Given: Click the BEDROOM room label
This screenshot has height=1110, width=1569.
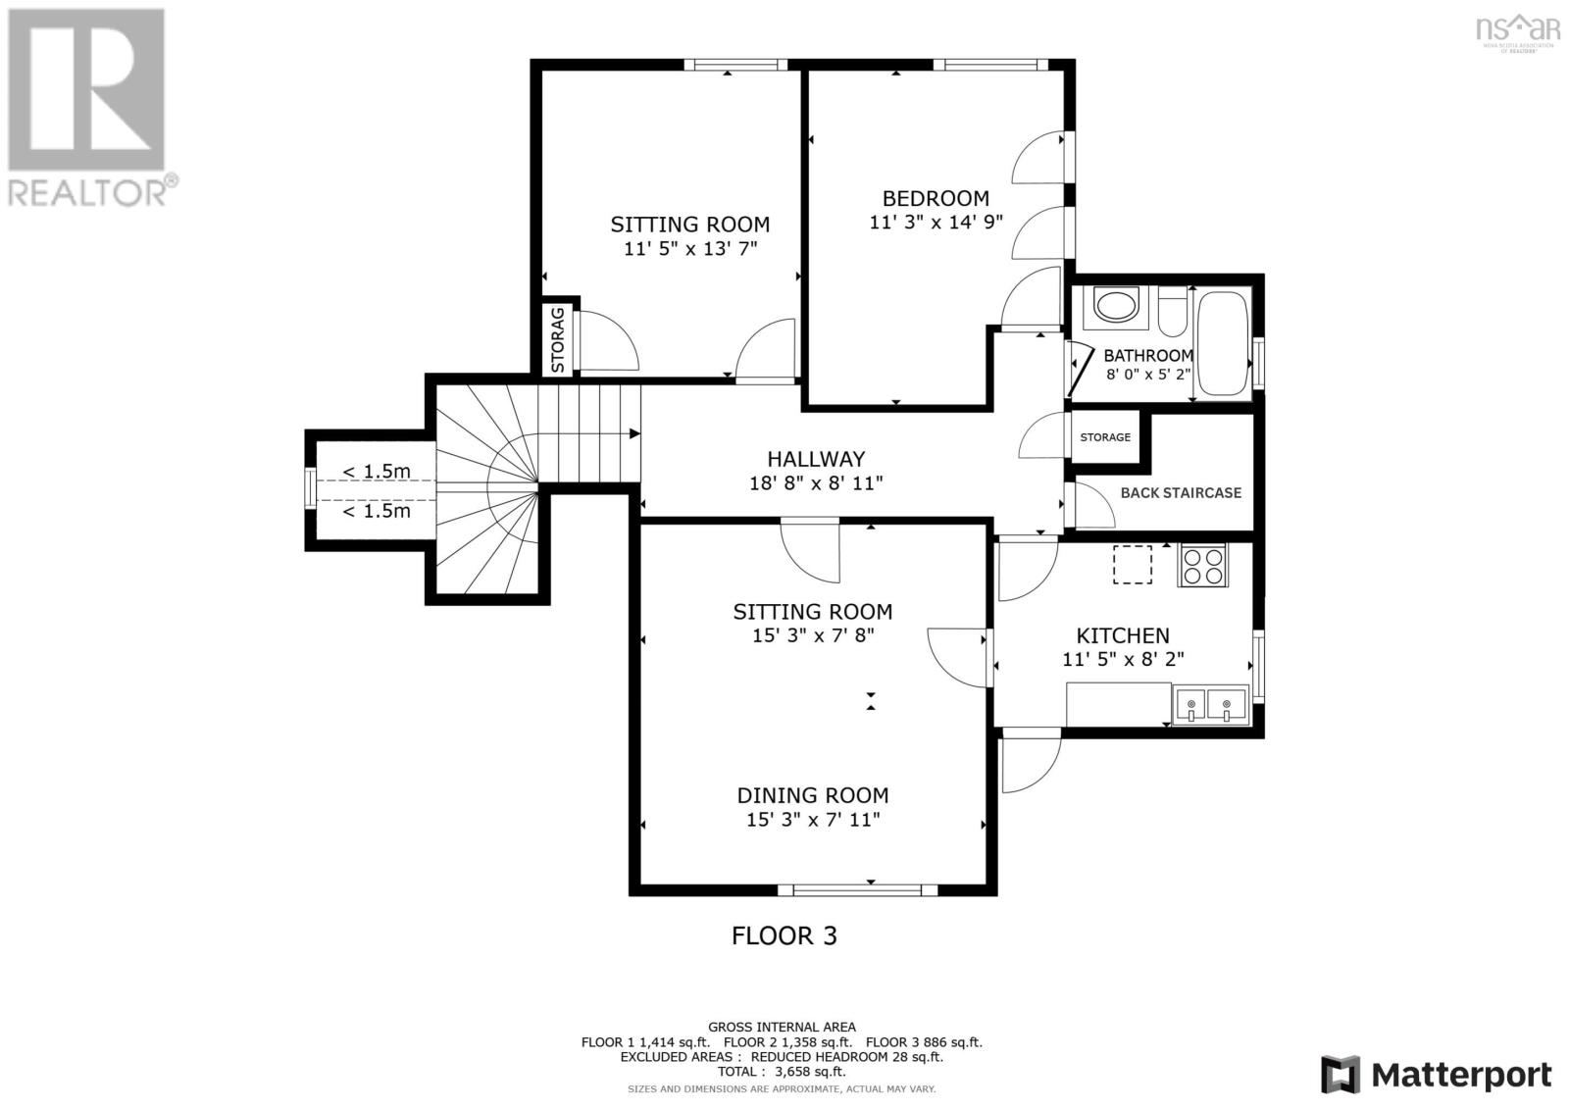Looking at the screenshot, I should [x=936, y=198].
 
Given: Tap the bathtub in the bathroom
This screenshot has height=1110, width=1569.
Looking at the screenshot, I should [x=1222, y=345].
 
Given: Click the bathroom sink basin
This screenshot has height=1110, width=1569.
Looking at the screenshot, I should [x=1116, y=306].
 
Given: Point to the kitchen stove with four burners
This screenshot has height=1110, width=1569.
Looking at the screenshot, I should [x=1202, y=565].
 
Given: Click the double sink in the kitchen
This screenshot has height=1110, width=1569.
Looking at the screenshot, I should [x=1210, y=705].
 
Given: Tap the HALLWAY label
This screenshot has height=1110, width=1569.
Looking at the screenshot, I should [x=816, y=459].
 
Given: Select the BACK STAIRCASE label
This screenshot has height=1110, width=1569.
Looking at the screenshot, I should [x=1181, y=493].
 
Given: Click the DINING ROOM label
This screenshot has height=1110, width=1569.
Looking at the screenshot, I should [x=813, y=795].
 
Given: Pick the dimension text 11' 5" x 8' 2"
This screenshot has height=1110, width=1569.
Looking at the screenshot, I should [x=1123, y=660].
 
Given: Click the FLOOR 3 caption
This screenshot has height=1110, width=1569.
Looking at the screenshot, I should [x=784, y=935].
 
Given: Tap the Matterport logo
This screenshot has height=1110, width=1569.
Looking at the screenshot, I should [x=1437, y=1075].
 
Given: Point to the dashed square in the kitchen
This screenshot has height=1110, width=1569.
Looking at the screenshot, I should [x=1133, y=564].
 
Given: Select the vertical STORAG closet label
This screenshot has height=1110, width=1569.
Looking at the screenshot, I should [x=558, y=339].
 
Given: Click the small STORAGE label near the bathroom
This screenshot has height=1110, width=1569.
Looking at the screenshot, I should [x=1105, y=437].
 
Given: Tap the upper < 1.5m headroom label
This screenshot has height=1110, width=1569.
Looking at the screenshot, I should [x=377, y=472].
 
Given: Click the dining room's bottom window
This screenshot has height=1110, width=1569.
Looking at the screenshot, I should [x=857, y=890].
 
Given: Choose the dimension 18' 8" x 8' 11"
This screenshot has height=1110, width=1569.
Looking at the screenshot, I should [x=816, y=482].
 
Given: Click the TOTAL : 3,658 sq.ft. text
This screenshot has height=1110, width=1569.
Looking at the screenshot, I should [x=782, y=1072].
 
